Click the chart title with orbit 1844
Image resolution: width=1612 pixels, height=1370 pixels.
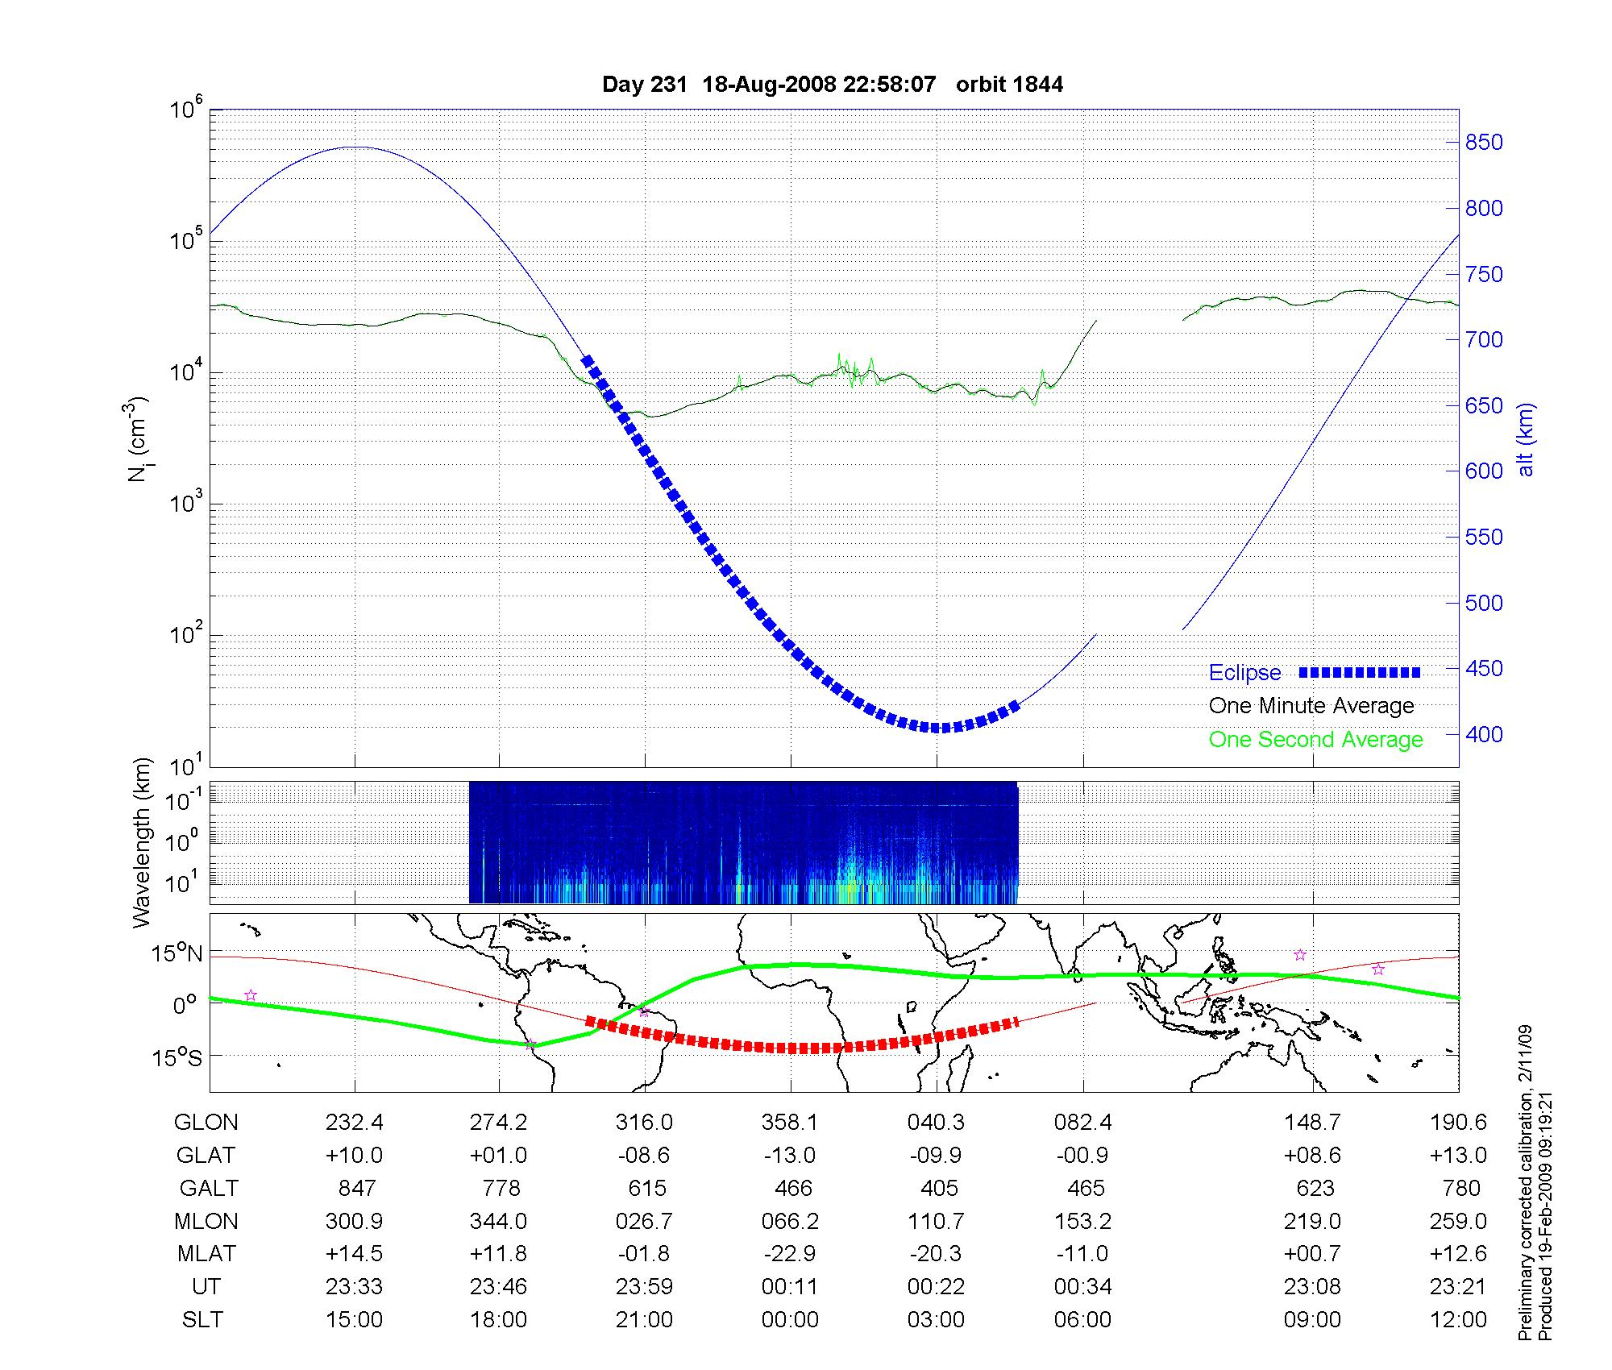[x=833, y=85]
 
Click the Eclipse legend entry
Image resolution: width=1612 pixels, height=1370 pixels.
[x=1244, y=673]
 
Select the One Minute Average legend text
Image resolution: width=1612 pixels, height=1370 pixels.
[x=1311, y=706]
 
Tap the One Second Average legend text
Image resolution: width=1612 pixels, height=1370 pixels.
[x=1315, y=740]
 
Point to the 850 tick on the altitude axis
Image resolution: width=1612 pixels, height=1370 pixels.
[x=1484, y=143]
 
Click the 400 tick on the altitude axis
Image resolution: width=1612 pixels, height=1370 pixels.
[x=1484, y=734]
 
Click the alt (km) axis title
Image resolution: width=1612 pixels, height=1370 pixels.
[x=1526, y=439]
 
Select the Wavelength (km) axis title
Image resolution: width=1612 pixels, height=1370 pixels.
[x=142, y=843]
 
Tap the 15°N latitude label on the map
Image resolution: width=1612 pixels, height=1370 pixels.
[x=178, y=954]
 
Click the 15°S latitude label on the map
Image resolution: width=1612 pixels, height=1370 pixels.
[x=178, y=1057]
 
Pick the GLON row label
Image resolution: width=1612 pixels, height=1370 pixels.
[x=206, y=1123]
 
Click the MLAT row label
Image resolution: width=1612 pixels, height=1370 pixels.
[x=206, y=1254]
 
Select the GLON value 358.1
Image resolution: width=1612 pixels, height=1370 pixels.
[x=790, y=1123]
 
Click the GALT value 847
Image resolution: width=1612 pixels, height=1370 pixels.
[x=356, y=1189]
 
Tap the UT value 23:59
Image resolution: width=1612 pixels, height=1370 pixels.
[x=644, y=1287]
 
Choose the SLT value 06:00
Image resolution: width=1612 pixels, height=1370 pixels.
[x=1082, y=1320]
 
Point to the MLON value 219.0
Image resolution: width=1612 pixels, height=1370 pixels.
[x=1312, y=1222]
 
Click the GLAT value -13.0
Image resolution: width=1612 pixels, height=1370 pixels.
[x=790, y=1156]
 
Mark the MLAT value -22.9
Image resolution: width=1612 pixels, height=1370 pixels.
[x=790, y=1254]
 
